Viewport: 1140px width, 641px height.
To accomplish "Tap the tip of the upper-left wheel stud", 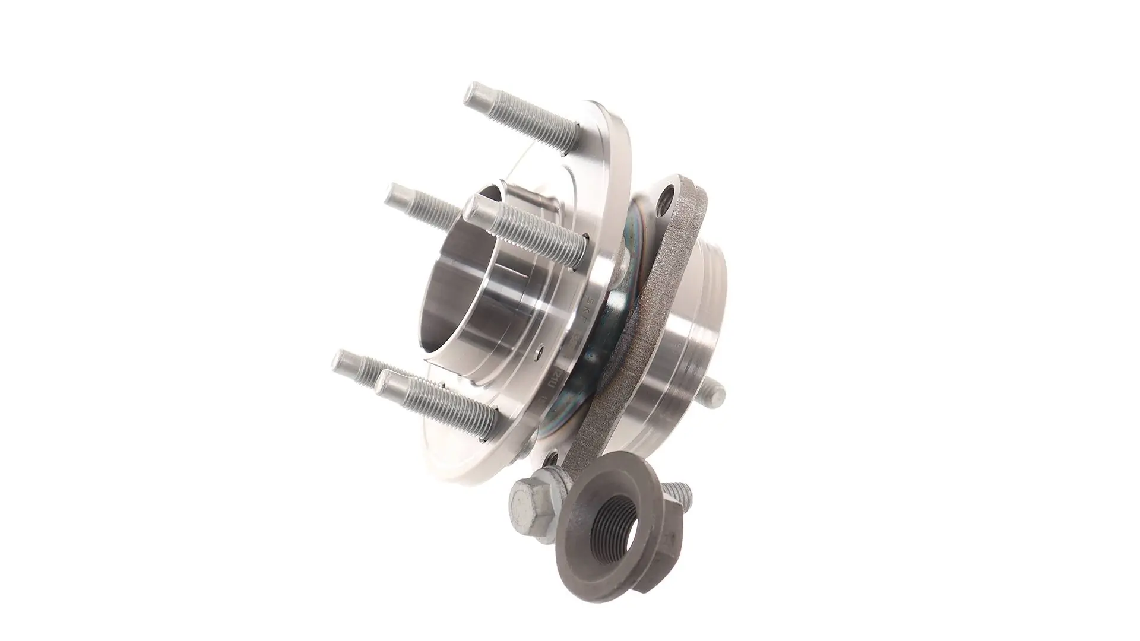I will (394, 194).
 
